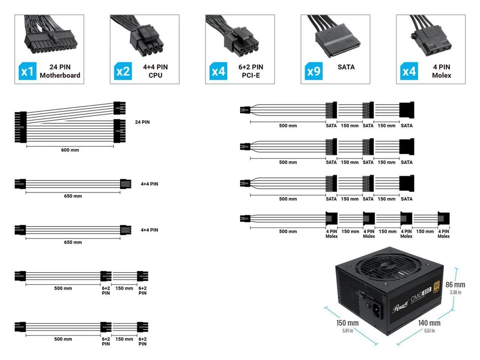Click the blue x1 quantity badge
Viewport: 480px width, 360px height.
pos(27,72)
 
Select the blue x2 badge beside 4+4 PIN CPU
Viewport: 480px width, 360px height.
pos(123,72)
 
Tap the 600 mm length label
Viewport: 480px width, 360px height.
pos(70,150)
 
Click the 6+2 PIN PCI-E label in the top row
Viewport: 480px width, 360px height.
pos(250,71)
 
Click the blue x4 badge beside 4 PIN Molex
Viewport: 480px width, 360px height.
pos(409,72)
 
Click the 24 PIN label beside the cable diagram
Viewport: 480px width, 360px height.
pos(142,122)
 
